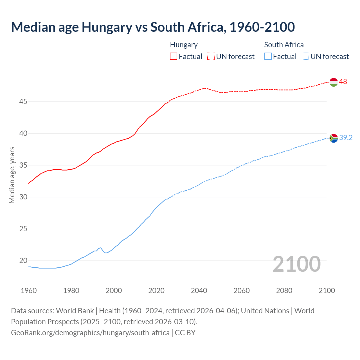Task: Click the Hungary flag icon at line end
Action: pyautogui.click(x=333, y=82)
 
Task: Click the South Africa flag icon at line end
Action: pyautogui.click(x=333, y=138)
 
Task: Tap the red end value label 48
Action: pyautogui.click(x=343, y=82)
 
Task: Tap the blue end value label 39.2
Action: pyautogui.click(x=346, y=138)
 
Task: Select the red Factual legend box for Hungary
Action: pyautogui.click(x=174, y=57)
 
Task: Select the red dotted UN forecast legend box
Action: pyautogui.click(x=211, y=57)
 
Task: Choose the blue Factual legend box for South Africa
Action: pyautogui.click(x=268, y=57)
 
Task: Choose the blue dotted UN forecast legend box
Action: pyautogui.click(x=305, y=57)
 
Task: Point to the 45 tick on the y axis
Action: pyautogui.click(x=23, y=102)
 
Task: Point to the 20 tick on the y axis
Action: pyautogui.click(x=23, y=261)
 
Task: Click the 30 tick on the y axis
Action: pyautogui.click(x=23, y=197)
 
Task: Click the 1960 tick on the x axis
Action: pyautogui.click(x=29, y=291)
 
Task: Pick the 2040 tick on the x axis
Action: pyautogui.click(x=199, y=291)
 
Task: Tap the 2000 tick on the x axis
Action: pyautogui.click(x=114, y=291)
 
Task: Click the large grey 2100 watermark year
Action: pyautogui.click(x=297, y=264)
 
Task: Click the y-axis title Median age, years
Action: pyautogui.click(x=12, y=175)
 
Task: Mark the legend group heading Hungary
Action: pyautogui.click(x=184, y=45)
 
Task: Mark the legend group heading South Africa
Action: pyautogui.click(x=284, y=45)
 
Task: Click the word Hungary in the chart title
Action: pyautogui.click(x=107, y=27)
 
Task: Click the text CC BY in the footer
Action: pyautogui.click(x=185, y=333)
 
